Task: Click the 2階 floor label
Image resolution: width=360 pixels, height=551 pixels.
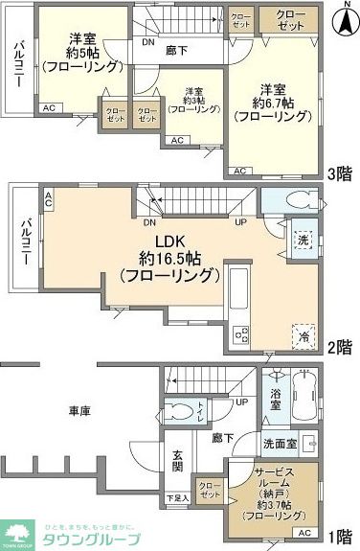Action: coord(339,346)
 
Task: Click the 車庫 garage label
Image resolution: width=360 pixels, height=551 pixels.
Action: coord(79,410)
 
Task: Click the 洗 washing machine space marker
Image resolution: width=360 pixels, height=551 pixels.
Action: coord(303,241)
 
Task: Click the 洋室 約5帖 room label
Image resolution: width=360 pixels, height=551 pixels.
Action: coord(82,53)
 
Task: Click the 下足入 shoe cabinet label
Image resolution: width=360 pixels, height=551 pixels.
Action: coord(177,498)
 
